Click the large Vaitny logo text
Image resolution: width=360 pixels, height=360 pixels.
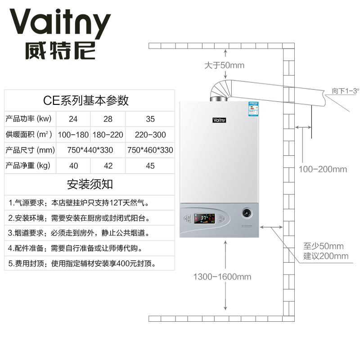tap(60, 23)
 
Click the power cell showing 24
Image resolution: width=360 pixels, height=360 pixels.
tap(73, 119)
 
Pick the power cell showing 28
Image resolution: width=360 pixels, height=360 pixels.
tap(108, 119)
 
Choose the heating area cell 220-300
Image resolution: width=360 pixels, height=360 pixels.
tap(150, 135)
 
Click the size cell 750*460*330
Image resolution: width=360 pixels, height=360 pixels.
tap(150, 150)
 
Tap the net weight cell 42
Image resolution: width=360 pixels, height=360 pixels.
tap(108, 166)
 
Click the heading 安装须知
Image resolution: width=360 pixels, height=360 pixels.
tap(90, 184)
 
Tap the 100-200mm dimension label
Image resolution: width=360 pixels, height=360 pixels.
tap(323, 169)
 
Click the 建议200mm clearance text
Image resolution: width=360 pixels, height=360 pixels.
tap(326, 256)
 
